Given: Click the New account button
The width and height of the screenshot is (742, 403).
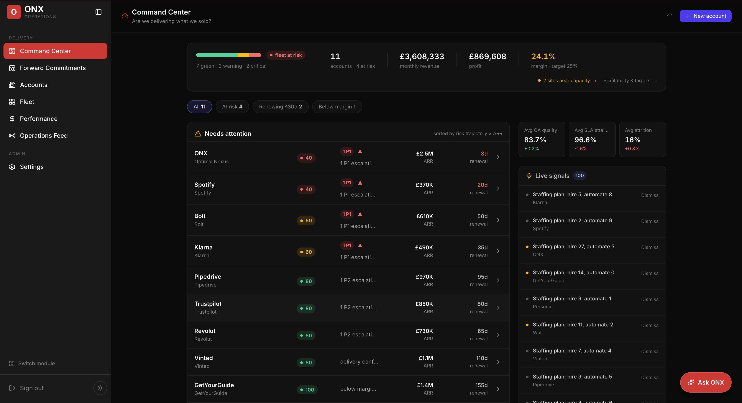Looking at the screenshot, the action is pos(705,16).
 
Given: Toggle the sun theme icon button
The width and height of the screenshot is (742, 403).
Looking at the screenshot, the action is pos(100,388).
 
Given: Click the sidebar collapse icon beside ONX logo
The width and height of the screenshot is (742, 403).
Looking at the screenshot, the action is pos(98,12).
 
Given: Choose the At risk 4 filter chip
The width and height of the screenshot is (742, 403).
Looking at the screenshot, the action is pos(232,106).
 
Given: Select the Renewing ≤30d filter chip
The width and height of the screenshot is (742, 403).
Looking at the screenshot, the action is pos(280,106).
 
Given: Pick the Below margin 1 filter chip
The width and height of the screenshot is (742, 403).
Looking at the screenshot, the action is pos(337,106).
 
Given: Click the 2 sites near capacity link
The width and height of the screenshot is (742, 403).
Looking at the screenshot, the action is pos(567,81).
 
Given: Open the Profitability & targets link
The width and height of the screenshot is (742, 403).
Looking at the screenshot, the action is pos(630,81).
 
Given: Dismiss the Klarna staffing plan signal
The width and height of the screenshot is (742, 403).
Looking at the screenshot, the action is pos(650,195).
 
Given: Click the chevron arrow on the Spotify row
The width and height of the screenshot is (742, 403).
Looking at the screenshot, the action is pos(498,189).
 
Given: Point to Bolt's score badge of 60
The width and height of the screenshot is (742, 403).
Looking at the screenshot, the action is pos(306,221).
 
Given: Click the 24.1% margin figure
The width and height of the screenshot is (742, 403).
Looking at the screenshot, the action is pos(543,56).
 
